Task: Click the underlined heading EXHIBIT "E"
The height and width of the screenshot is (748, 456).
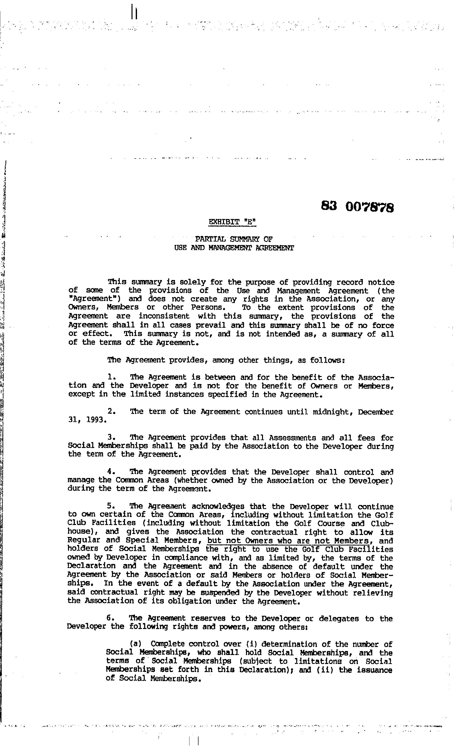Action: pos(232,222)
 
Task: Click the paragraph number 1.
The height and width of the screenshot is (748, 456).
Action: pos(110,377)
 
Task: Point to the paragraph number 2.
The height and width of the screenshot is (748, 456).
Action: pos(110,412)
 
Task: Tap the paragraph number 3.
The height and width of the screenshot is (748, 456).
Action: pos(110,437)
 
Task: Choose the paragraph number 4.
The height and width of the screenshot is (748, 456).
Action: pos(110,472)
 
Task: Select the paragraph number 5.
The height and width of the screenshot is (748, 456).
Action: pos(110,506)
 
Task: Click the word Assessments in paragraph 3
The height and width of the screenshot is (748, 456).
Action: pos(292,438)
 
